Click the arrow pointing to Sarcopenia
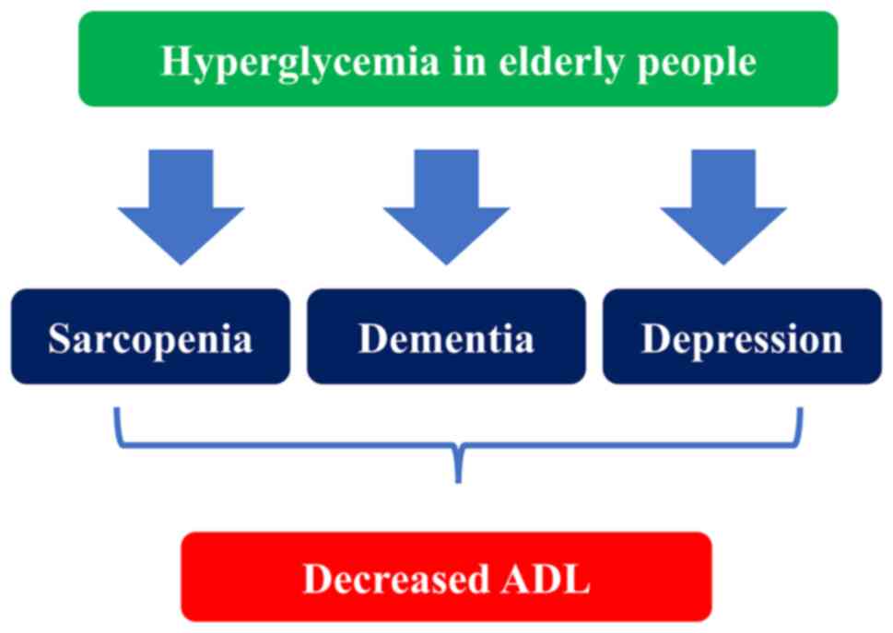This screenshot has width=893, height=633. [x=181, y=206]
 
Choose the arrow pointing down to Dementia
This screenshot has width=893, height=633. [x=446, y=206]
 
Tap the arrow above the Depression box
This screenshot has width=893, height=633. [x=723, y=206]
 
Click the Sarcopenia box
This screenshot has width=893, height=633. [x=150, y=336]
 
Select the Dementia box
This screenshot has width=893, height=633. [x=446, y=336]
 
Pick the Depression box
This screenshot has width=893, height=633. [x=742, y=336]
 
